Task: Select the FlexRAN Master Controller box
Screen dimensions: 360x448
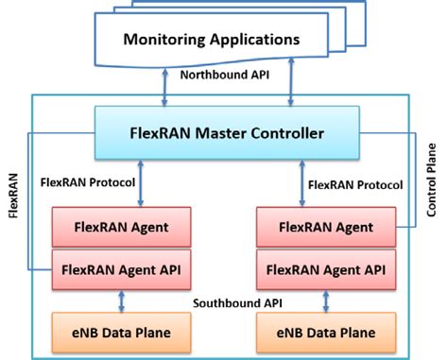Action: [225, 132]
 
